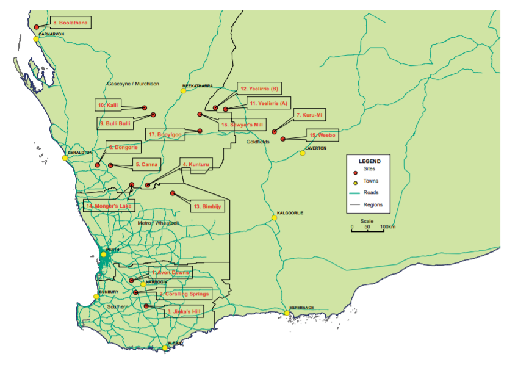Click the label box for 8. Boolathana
point(70,23)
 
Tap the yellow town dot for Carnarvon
point(36,39)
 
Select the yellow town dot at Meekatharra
point(182,91)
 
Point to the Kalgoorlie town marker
point(275,218)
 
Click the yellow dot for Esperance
point(287,313)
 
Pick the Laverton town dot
point(302,153)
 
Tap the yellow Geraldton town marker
point(65,158)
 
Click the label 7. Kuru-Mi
point(309,115)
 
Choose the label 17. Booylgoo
point(165,134)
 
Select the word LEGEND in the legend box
point(370,161)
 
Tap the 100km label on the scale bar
point(387,227)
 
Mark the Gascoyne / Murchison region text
point(133,84)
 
